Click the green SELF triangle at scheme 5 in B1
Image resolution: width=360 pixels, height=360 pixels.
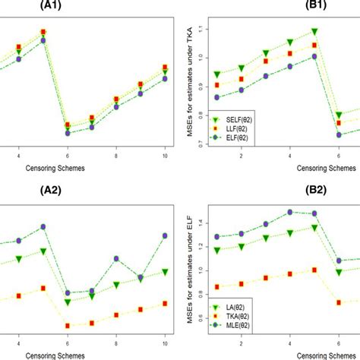(314, 32)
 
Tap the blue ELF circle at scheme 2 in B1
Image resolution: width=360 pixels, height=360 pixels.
(242, 90)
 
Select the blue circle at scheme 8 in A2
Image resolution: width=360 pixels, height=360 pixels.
(116, 259)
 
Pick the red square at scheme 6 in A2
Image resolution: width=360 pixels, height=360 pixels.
(68, 326)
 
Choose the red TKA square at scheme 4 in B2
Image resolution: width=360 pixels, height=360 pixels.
(290, 273)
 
